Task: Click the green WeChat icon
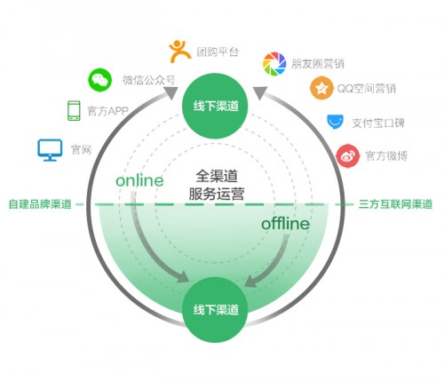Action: pos(99,80)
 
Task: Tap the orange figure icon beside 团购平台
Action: pos(179,52)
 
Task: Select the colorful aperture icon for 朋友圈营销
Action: pos(274,64)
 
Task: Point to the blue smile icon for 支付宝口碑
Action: pos(335,122)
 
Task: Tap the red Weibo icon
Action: pos(348,155)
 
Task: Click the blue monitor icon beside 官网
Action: pos(50,150)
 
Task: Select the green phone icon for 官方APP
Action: pos(74,111)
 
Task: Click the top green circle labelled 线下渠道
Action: pos(215,106)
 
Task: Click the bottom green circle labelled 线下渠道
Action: pos(215,310)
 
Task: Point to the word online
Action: pos(139,180)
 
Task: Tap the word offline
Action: pos(285,224)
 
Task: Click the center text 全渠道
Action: pos(217,176)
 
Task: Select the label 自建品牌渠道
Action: pos(40,204)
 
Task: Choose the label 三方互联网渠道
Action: pos(395,204)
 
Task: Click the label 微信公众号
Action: pos(149,80)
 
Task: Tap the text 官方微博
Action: pos(386,155)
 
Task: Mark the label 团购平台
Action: pos(218,52)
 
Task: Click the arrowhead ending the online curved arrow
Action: pos(182,278)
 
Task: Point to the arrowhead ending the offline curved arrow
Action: pos(251,282)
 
